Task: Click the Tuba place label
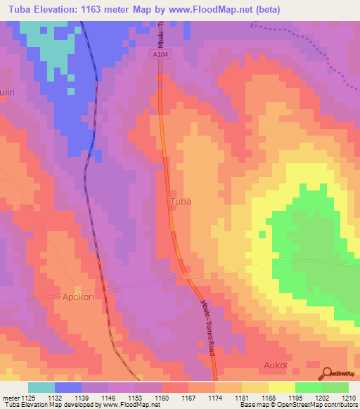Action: click(x=181, y=201)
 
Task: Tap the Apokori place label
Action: click(x=78, y=297)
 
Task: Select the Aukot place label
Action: click(x=276, y=366)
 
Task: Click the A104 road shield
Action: click(x=160, y=53)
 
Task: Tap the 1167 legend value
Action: click(x=189, y=397)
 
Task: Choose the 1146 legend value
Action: click(x=109, y=397)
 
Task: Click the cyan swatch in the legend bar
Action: click(x=41, y=387)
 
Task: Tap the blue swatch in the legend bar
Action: click(x=68, y=387)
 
